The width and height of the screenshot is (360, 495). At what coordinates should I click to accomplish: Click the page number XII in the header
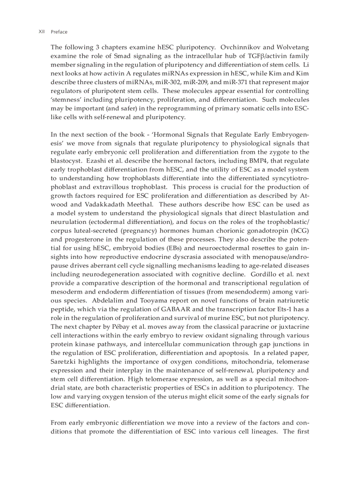click(41, 32)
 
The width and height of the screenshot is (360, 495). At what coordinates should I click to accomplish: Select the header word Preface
click(59, 32)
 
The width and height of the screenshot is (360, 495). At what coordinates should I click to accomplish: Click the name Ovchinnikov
click(242, 47)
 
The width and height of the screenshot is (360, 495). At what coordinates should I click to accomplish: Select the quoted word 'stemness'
click(66, 100)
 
